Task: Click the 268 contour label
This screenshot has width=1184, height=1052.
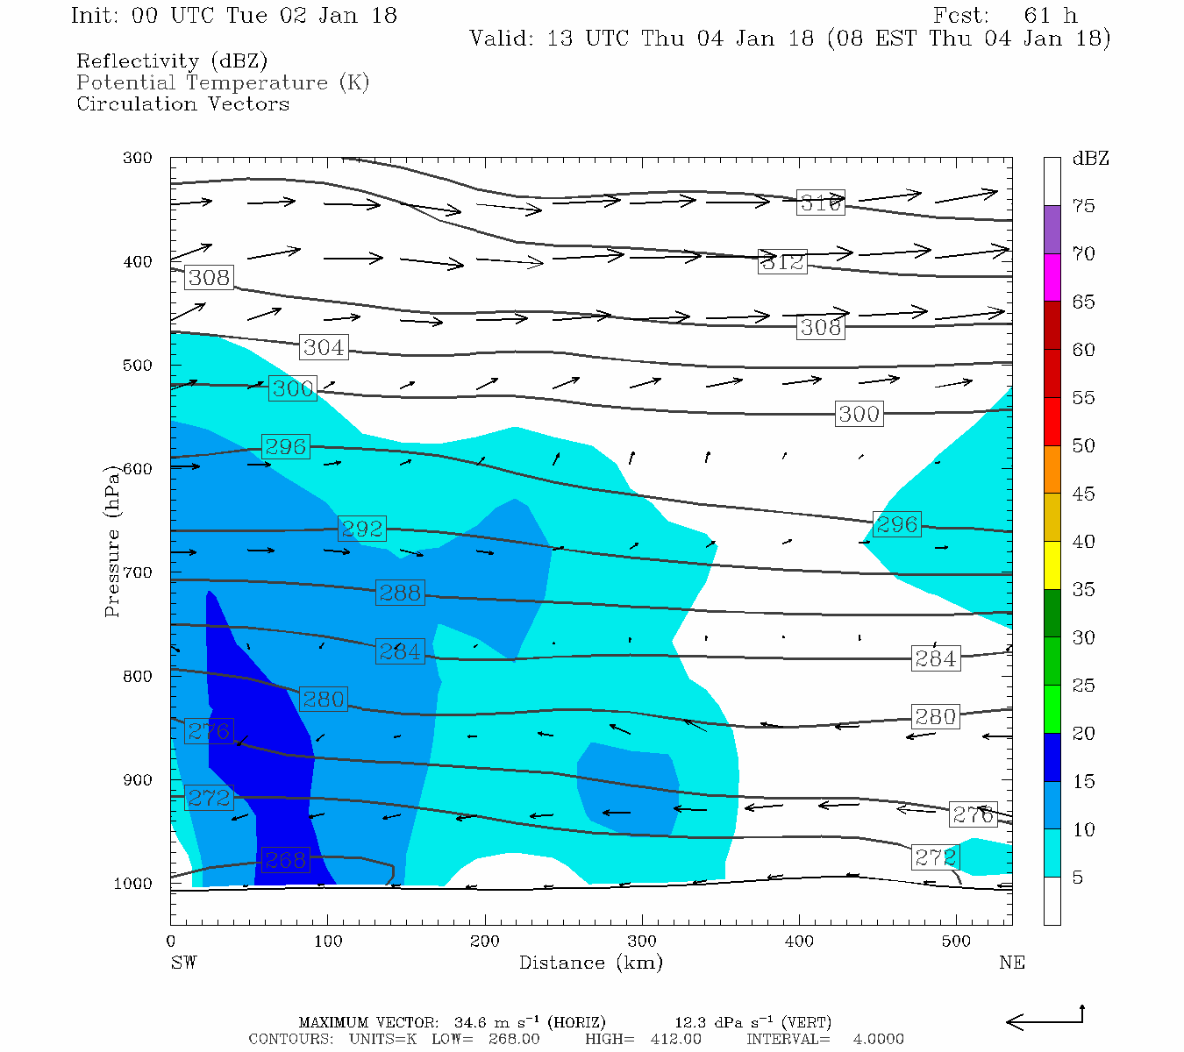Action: (x=284, y=860)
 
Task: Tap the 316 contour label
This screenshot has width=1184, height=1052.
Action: (x=820, y=203)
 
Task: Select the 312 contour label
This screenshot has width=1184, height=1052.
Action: (x=781, y=261)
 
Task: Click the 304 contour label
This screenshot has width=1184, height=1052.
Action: (x=323, y=347)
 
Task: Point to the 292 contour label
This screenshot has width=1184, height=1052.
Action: (x=361, y=529)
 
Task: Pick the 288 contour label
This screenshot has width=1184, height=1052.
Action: (x=399, y=593)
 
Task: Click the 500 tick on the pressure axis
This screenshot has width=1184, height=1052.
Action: (x=138, y=366)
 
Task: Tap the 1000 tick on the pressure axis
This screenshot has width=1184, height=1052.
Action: (x=133, y=884)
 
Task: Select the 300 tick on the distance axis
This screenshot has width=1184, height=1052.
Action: (x=642, y=942)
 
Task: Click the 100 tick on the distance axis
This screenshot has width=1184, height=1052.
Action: (x=328, y=942)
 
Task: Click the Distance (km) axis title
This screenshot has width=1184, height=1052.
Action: (x=590, y=963)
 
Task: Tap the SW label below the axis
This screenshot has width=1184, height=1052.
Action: (x=183, y=963)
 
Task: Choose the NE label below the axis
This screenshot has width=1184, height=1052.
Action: (x=1011, y=963)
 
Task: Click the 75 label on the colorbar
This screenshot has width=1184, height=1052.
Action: (x=1083, y=206)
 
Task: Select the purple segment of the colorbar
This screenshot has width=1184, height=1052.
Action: (x=1052, y=230)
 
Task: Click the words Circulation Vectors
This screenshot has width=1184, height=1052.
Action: (x=182, y=103)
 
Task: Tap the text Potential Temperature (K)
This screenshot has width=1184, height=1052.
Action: (x=223, y=82)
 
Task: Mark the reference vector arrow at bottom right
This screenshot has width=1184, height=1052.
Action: (x=1045, y=1020)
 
